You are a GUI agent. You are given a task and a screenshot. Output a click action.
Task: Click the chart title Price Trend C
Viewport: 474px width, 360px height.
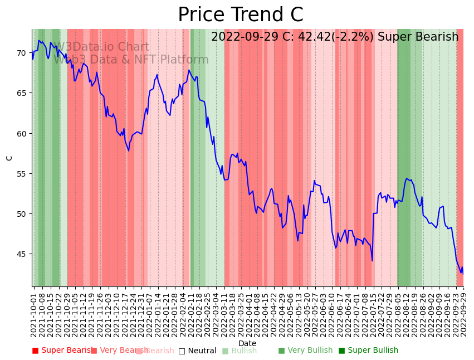click(x=240, y=15)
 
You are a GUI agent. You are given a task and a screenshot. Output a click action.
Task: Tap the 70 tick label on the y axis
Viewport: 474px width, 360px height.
click(x=22, y=53)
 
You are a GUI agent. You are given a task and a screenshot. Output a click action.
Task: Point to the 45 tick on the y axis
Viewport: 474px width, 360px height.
click(x=22, y=254)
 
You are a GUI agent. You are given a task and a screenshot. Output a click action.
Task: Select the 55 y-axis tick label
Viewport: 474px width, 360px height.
click(x=22, y=174)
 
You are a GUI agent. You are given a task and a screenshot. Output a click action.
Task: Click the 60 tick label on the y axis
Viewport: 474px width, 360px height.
click(x=22, y=134)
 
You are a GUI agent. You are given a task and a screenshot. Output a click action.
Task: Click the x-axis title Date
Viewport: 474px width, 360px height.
click(x=247, y=344)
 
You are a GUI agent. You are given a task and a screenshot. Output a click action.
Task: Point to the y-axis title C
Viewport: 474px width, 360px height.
click(x=9, y=158)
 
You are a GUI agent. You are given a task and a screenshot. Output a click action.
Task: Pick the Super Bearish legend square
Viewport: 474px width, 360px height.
click(x=36, y=351)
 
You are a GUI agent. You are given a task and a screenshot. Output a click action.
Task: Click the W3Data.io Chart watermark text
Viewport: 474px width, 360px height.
click(x=101, y=47)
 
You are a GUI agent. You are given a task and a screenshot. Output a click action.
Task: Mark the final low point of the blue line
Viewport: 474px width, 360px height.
click(x=462, y=273)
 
